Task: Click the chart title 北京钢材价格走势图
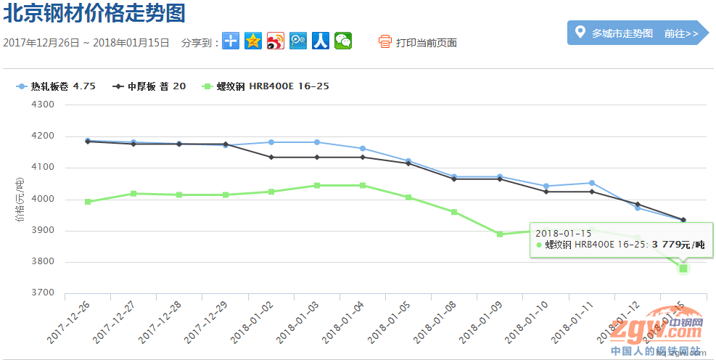(x=94, y=13)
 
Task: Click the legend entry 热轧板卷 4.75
(x=56, y=86)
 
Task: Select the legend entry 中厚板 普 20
(x=149, y=86)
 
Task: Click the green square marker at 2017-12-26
(x=88, y=202)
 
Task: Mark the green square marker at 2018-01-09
(x=500, y=234)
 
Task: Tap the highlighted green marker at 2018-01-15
(x=683, y=269)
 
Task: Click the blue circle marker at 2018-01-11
(x=592, y=183)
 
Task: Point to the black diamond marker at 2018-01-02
(x=271, y=157)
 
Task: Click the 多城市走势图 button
(x=622, y=33)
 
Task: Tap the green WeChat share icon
(x=343, y=41)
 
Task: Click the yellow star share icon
(x=252, y=41)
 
